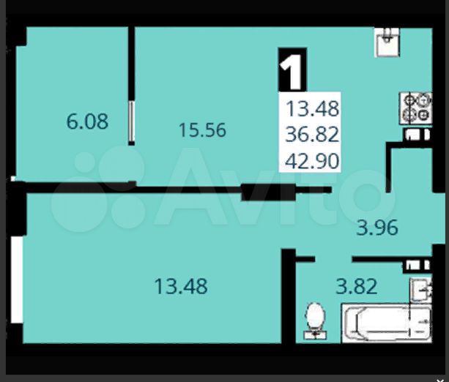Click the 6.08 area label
87,122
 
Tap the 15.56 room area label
202,131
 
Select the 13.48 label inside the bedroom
181,286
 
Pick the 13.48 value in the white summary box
313,110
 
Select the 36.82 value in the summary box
313,135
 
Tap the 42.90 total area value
313,160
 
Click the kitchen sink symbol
385,42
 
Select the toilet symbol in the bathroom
316,322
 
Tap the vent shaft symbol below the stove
415,135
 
